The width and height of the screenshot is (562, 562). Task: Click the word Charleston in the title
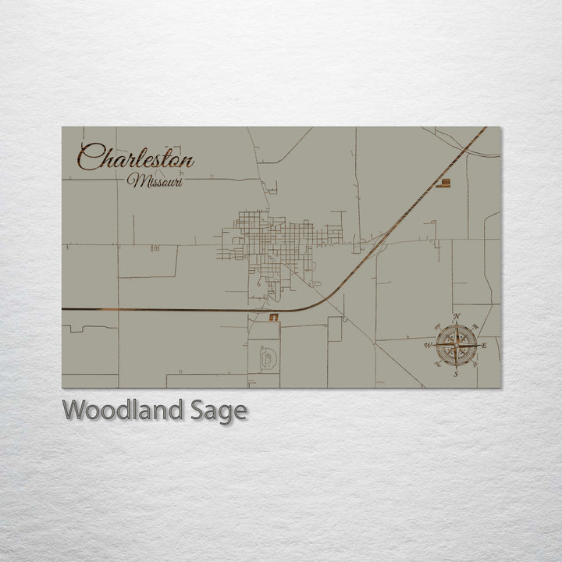click(x=137, y=158)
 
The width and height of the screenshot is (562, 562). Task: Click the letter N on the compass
click(x=456, y=316)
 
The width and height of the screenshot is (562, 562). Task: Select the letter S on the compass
click(x=456, y=374)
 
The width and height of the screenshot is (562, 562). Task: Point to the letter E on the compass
click(x=484, y=345)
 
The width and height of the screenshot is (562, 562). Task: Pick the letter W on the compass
click(x=427, y=345)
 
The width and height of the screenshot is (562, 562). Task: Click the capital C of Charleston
click(x=90, y=158)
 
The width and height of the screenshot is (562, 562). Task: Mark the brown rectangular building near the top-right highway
click(x=443, y=183)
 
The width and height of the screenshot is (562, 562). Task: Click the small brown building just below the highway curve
click(x=274, y=317)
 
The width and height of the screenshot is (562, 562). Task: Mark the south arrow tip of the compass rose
click(x=456, y=366)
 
